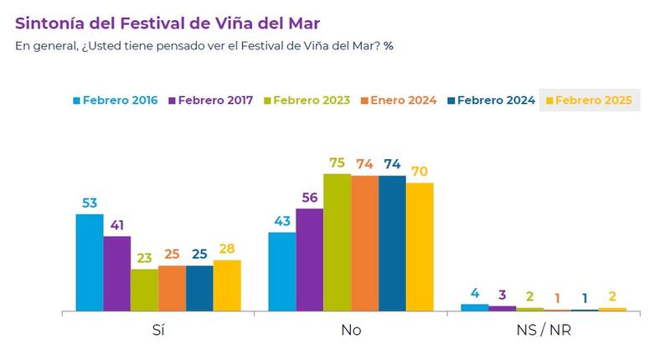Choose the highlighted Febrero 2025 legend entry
590,100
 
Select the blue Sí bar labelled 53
90,262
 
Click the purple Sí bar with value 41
117,273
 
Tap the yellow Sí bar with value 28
227,285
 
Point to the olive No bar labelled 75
337,242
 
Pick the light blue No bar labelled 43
282,271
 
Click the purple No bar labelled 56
309,260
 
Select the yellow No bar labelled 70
420,246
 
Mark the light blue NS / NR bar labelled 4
474,307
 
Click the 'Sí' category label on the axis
158,330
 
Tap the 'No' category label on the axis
351,330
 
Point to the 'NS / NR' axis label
544,330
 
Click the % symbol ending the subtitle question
389,45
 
